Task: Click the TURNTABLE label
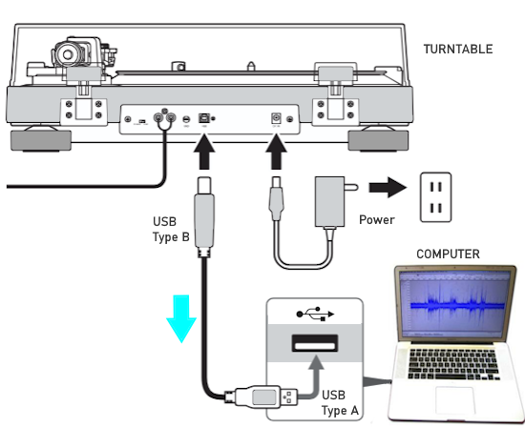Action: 458,50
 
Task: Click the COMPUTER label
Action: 448,255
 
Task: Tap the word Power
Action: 377,219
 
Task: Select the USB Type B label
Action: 171,230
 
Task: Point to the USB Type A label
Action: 340,402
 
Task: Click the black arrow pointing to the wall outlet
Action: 388,187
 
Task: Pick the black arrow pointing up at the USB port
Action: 204,152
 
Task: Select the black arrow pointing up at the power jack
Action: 276,152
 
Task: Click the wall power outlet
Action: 435,197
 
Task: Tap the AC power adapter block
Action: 330,202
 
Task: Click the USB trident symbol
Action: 315,314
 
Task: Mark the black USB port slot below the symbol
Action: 315,343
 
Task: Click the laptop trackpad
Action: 454,401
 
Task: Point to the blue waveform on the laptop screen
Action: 457,305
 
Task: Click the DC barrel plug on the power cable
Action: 276,198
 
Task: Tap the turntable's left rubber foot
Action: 41,140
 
